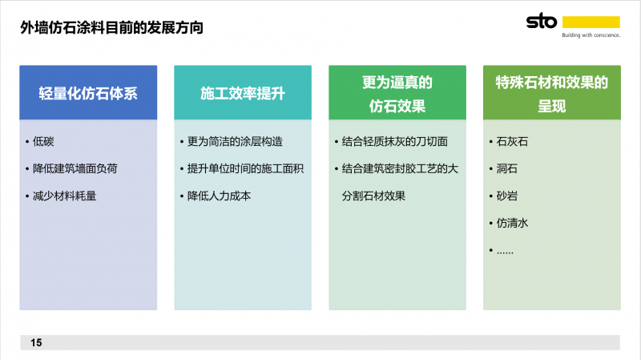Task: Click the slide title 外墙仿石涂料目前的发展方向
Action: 111,27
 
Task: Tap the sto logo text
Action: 542,21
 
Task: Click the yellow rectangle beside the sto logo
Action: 591,22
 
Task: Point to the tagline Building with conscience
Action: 591,35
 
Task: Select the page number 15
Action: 36,343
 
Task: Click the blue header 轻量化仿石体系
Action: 88,94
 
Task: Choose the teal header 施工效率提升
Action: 243,94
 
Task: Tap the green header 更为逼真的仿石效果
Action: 397,94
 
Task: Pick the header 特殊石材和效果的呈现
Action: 552,94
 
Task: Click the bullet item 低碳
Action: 43,142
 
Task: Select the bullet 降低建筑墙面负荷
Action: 75,168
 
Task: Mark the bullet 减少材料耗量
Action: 65,196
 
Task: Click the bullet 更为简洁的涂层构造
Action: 235,142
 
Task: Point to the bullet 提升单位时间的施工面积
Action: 245,168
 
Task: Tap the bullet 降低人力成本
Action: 219,196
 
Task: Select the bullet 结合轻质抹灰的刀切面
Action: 395,142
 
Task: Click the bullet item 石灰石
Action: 512,142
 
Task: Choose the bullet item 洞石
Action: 507,168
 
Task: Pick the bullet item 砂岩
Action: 507,196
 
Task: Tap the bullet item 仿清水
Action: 512,223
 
